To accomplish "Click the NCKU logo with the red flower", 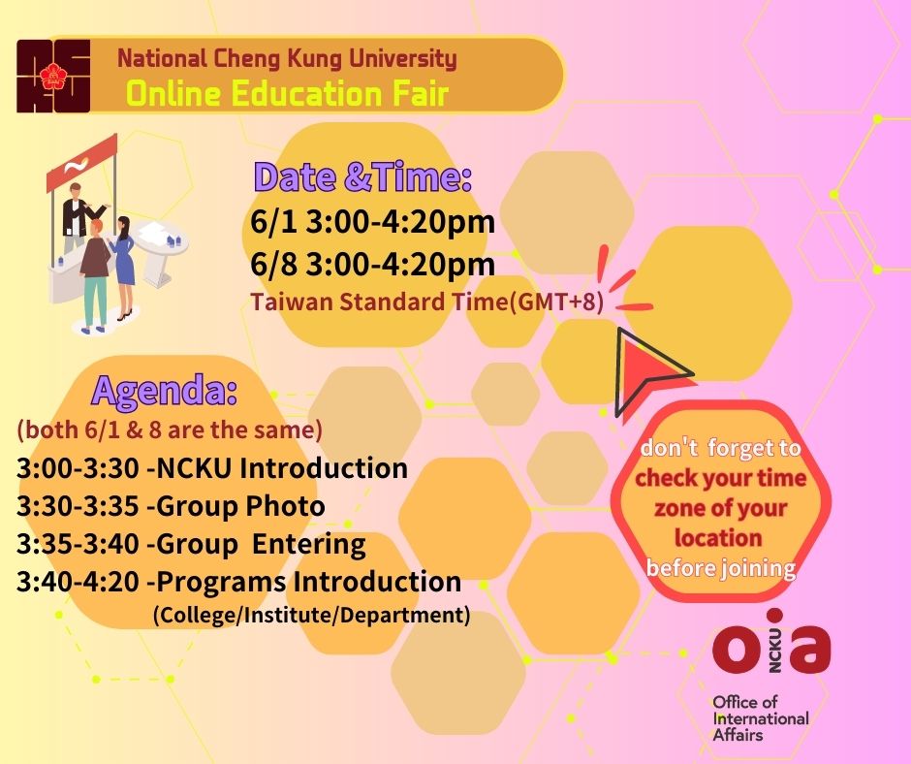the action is [x=53, y=76].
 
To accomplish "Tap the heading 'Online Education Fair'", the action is [x=288, y=94].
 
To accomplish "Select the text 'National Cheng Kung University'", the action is [x=287, y=59].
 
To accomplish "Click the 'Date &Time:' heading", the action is [x=362, y=176].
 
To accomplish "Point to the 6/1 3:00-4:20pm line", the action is [x=372, y=221].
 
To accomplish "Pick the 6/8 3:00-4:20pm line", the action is [x=372, y=264].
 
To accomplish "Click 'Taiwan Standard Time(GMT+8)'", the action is [x=427, y=302].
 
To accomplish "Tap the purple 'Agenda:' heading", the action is [x=165, y=390].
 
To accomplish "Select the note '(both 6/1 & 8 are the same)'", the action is [x=169, y=430].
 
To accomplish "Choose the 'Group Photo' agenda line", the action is [x=171, y=506].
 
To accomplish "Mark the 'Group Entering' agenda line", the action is [x=191, y=544].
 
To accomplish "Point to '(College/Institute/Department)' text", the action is [x=311, y=615].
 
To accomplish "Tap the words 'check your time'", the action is [x=720, y=478].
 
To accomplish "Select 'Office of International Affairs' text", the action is [x=761, y=718].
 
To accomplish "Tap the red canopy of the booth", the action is [x=82, y=162].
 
